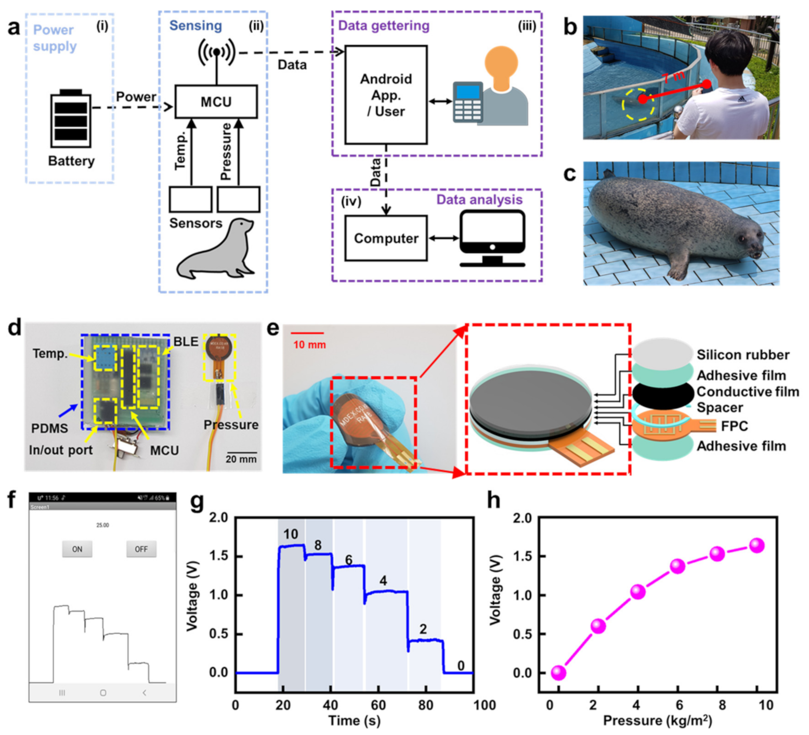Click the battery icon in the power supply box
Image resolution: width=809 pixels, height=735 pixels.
tap(71, 119)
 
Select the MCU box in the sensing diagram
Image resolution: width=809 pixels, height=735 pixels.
tap(216, 101)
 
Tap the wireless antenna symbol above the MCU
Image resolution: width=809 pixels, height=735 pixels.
tap(216, 52)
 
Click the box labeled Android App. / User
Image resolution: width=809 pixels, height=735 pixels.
tap(386, 95)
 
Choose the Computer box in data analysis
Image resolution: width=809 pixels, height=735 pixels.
tap(386, 239)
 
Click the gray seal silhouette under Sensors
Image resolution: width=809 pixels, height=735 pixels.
tap(216, 250)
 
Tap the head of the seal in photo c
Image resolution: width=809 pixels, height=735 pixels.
tap(748, 242)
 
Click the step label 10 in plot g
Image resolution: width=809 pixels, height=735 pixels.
tap(291, 534)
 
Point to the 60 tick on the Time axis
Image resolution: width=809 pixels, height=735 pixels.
tap(378, 705)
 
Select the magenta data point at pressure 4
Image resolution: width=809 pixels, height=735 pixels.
tap(638, 591)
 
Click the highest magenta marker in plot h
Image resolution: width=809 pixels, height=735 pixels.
tap(756, 545)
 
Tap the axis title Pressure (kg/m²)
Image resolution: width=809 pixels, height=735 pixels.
tap(657, 721)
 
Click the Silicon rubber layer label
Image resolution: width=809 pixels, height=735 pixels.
tap(743, 355)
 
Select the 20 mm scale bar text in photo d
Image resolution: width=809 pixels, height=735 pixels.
tap(241, 459)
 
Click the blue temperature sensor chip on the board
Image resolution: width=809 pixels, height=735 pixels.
tap(105, 358)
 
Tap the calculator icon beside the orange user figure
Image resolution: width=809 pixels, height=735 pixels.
tap(467, 102)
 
